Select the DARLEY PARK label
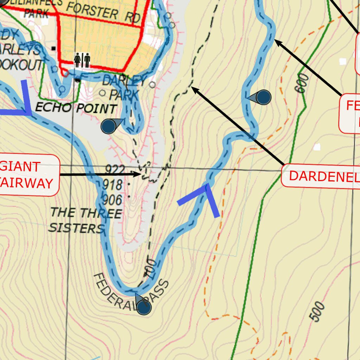(123, 88)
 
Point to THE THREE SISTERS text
(85, 220)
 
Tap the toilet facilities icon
(82, 60)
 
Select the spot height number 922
(115, 170)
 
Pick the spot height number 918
(112, 185)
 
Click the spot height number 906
(112, 200)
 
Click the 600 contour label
(302, 83)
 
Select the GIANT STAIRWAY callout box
(28, 175)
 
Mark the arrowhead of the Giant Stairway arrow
(140, 174)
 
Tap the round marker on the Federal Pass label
(144, 308)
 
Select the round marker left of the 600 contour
(263, 97)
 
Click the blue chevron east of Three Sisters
(205, 199)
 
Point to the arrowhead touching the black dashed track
(193, 89)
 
